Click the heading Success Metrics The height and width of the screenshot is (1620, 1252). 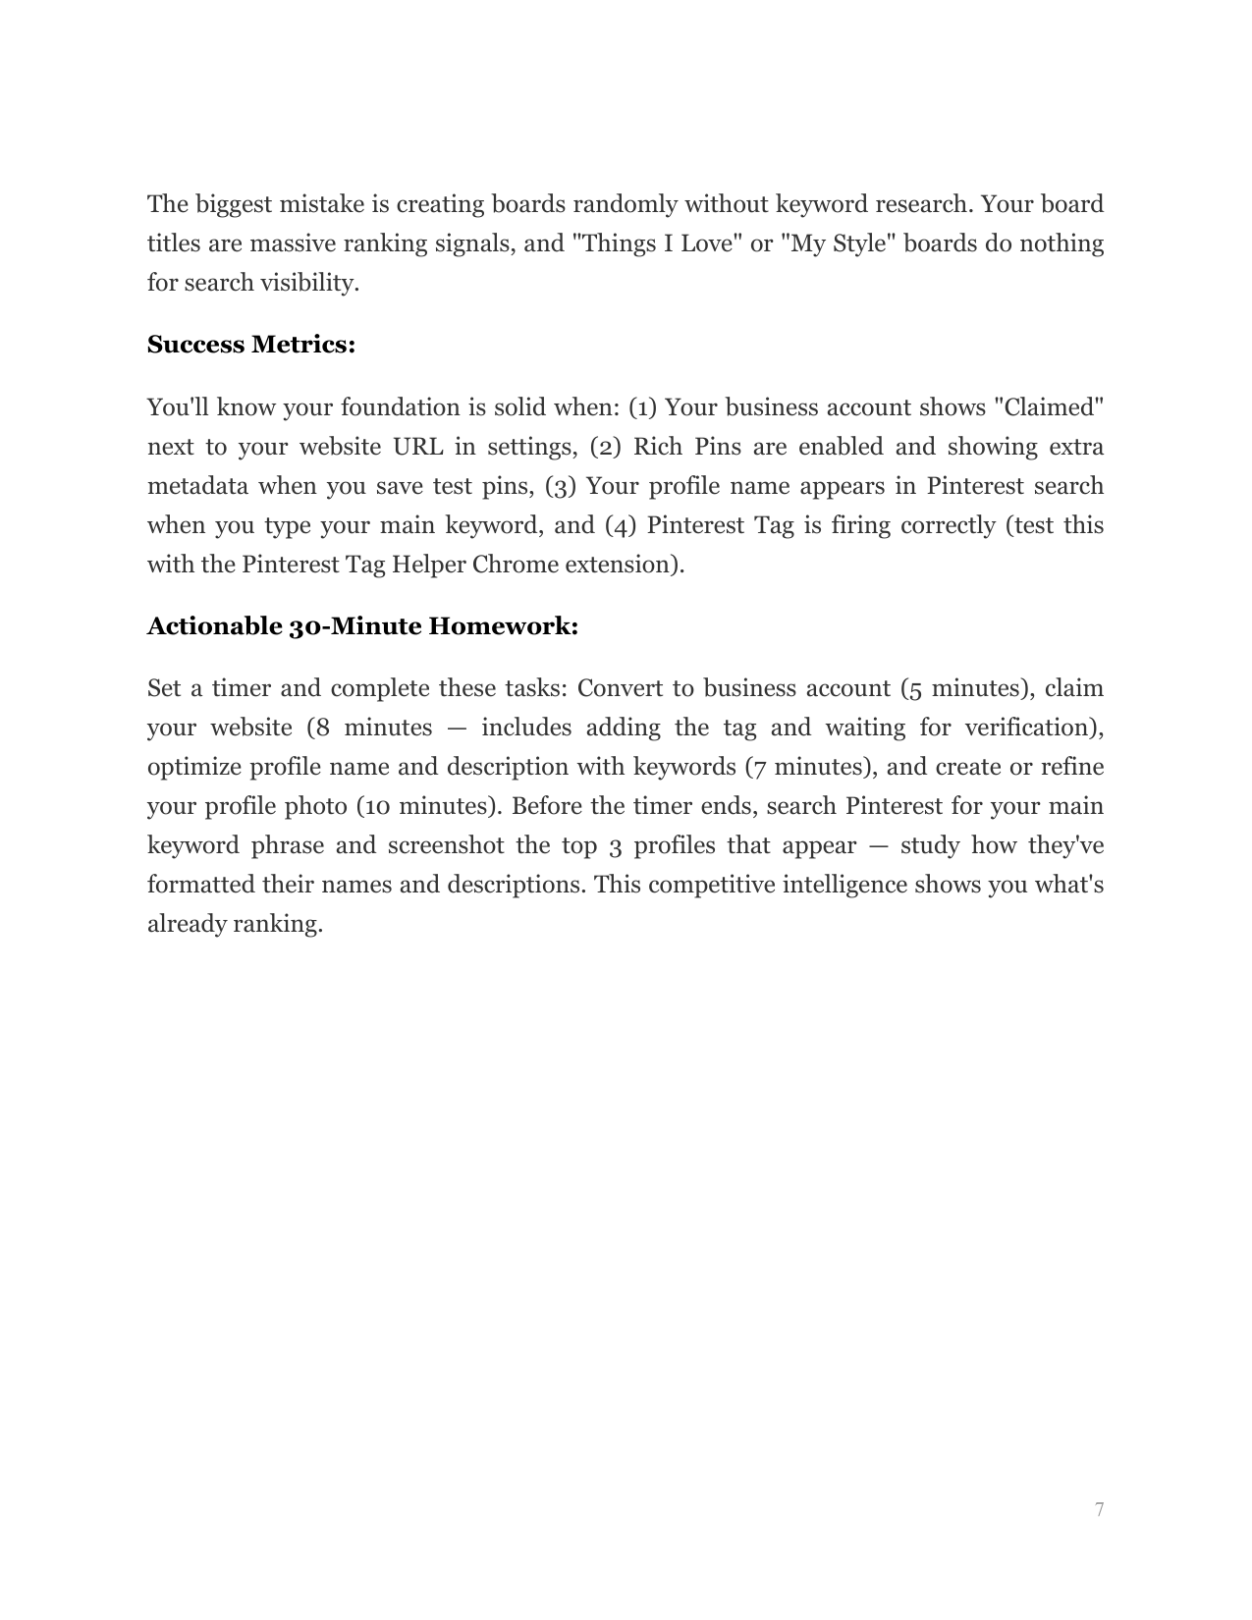250,345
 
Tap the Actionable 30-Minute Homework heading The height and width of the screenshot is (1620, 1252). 362,626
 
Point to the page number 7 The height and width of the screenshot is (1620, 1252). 1099,1509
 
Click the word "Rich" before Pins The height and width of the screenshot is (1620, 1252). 657,447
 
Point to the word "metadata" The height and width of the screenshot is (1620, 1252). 197,486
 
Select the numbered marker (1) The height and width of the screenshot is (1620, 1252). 643,407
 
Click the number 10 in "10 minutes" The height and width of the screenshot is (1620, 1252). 376,806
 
